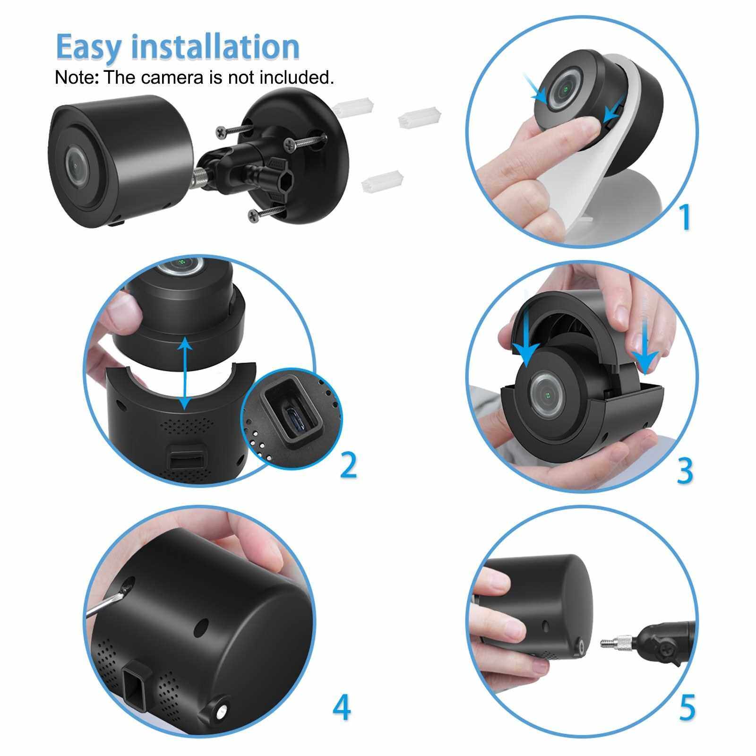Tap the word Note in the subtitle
point(74,77)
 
